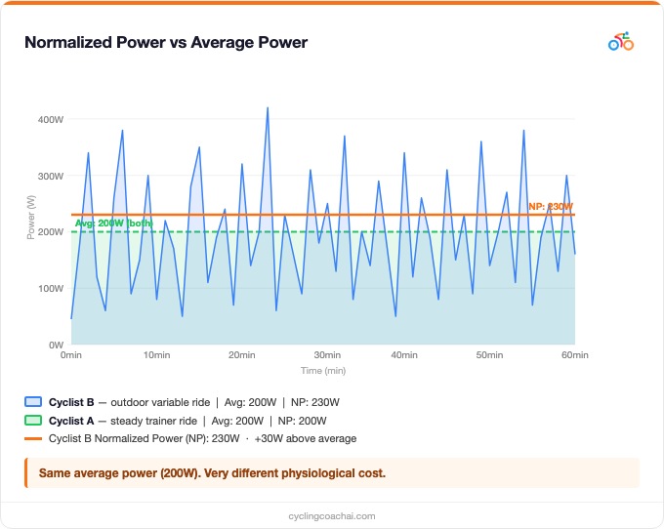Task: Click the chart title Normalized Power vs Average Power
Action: [166, 43]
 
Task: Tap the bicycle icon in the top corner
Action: [620, 42]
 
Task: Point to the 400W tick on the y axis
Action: [51, 120]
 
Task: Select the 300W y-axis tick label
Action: [51, 177]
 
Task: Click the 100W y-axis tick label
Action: [51, 289]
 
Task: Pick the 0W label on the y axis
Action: [56, 345]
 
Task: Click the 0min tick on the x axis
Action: [71, 355]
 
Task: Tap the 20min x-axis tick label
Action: [241, 355]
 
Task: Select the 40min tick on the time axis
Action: [404, 355]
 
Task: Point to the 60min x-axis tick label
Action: [574, 355]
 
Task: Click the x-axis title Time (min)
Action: [322, 371]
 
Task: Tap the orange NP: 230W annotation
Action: [551, 207]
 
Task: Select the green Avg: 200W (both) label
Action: [114, 224]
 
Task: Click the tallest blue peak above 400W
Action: [268, 108]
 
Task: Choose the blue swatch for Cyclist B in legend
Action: [33, 401]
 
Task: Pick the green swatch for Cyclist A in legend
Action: [33, 420]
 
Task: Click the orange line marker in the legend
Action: [33, 438]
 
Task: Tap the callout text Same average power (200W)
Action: [212, 473]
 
